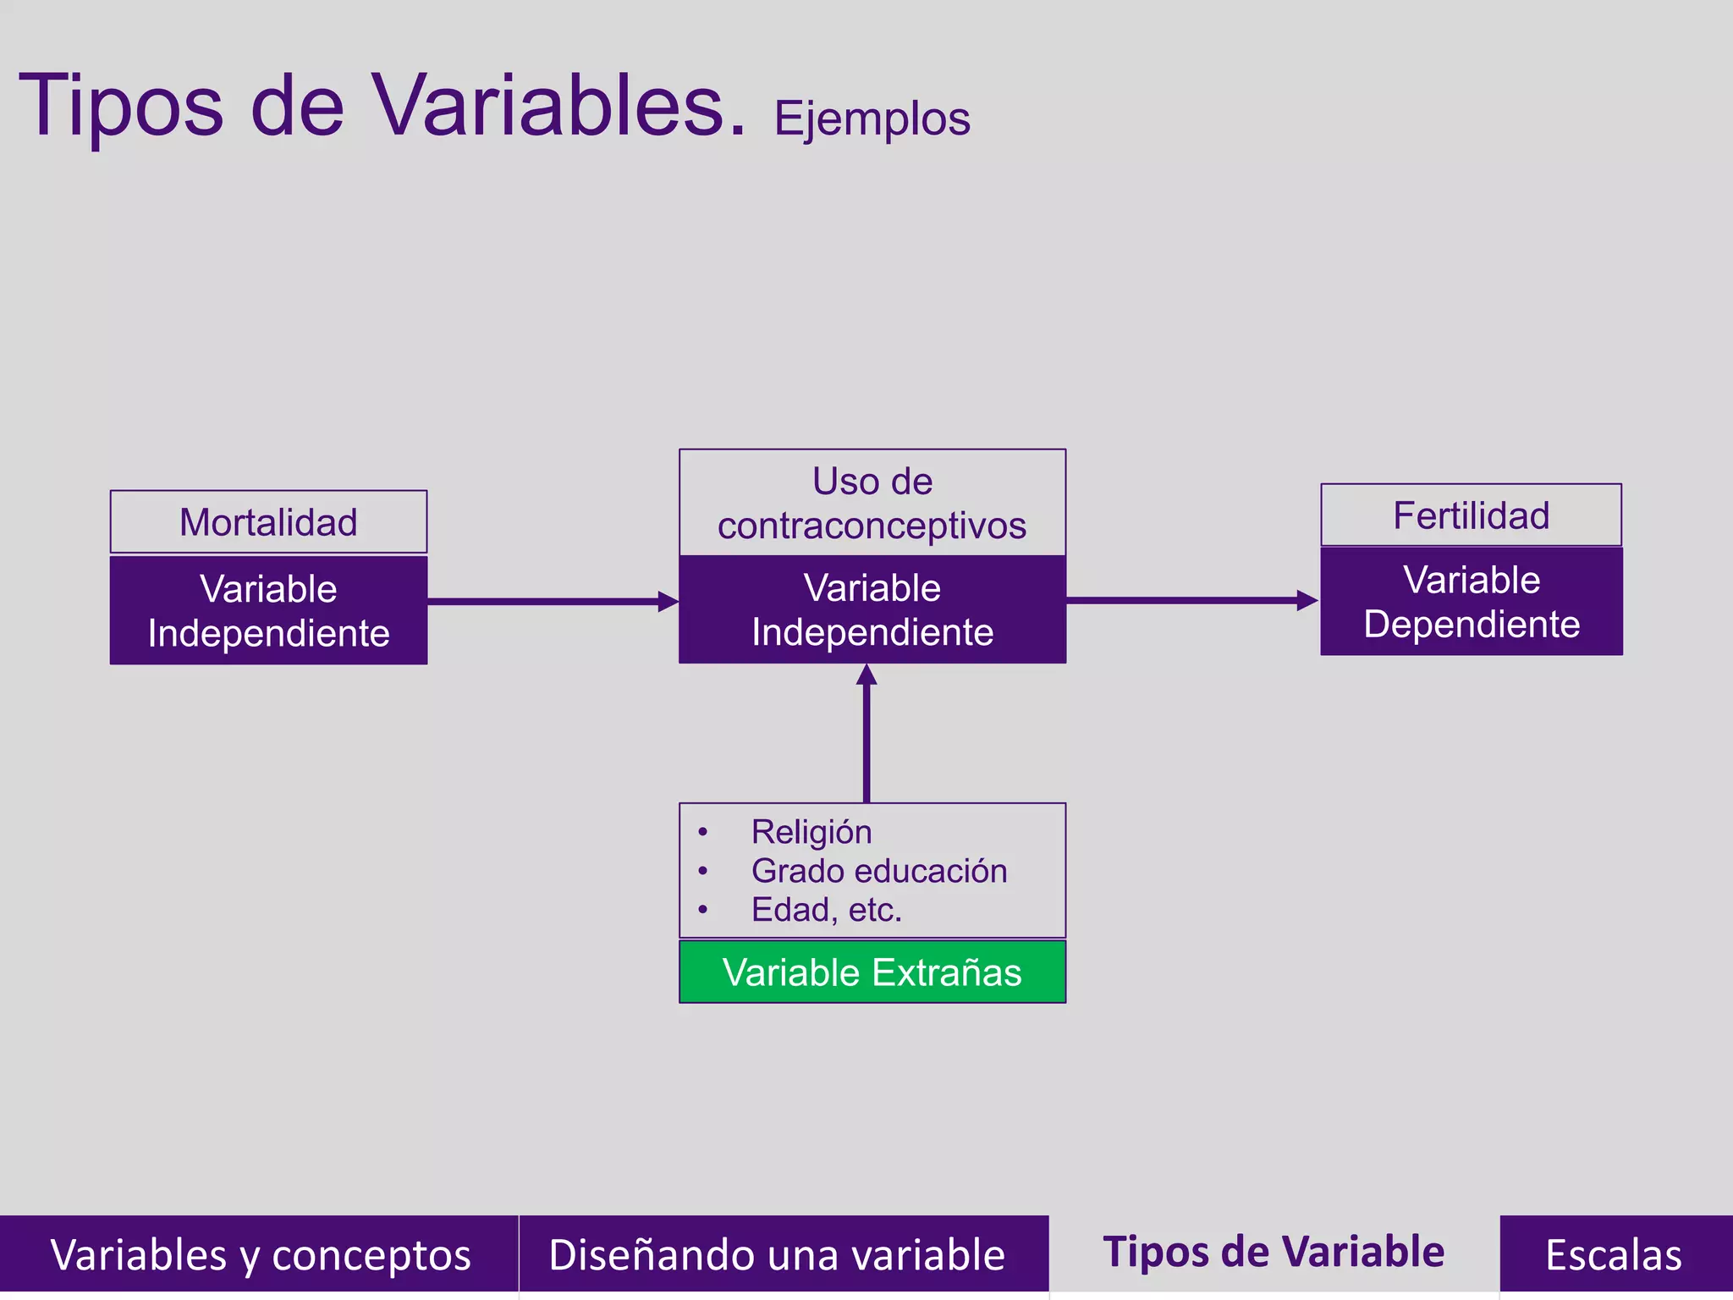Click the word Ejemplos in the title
pyautogui.click(x=872, y=119)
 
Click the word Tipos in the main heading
pyautogui.click(x=121, y=106)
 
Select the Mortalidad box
pyautogui.click(x=268, y=522)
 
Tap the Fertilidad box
pyautogui.click(x=1471, y=515)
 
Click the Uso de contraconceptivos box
pyautogui.click(x=872, y=504)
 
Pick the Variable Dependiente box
pyautogui.click(x=1471, y=602)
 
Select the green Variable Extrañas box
pyautogui.click(x=872, y=972)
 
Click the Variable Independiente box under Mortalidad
pyautogui.click(x=268, y=611)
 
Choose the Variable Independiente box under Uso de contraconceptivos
pyautogui.click(x=872, y=609)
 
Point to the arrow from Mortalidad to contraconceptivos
pyautogui.click(x=550, y=602)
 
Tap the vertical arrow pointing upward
pyautogui.click(x=866, y=733)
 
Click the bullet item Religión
pyautogui.click(x=811, y=832)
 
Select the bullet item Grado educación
pyautogui.click(x=878, y=871)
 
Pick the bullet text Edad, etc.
pyautogui.click(x=826, y=910)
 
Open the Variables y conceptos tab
pyautogui.click(x=259, y=1254)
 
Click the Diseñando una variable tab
pyautogui.click(x=777, y=1254)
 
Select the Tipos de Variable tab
pyautogui.click(x=1274, y=1252)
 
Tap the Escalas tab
pyautogui.click(x=1613, y=1254)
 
